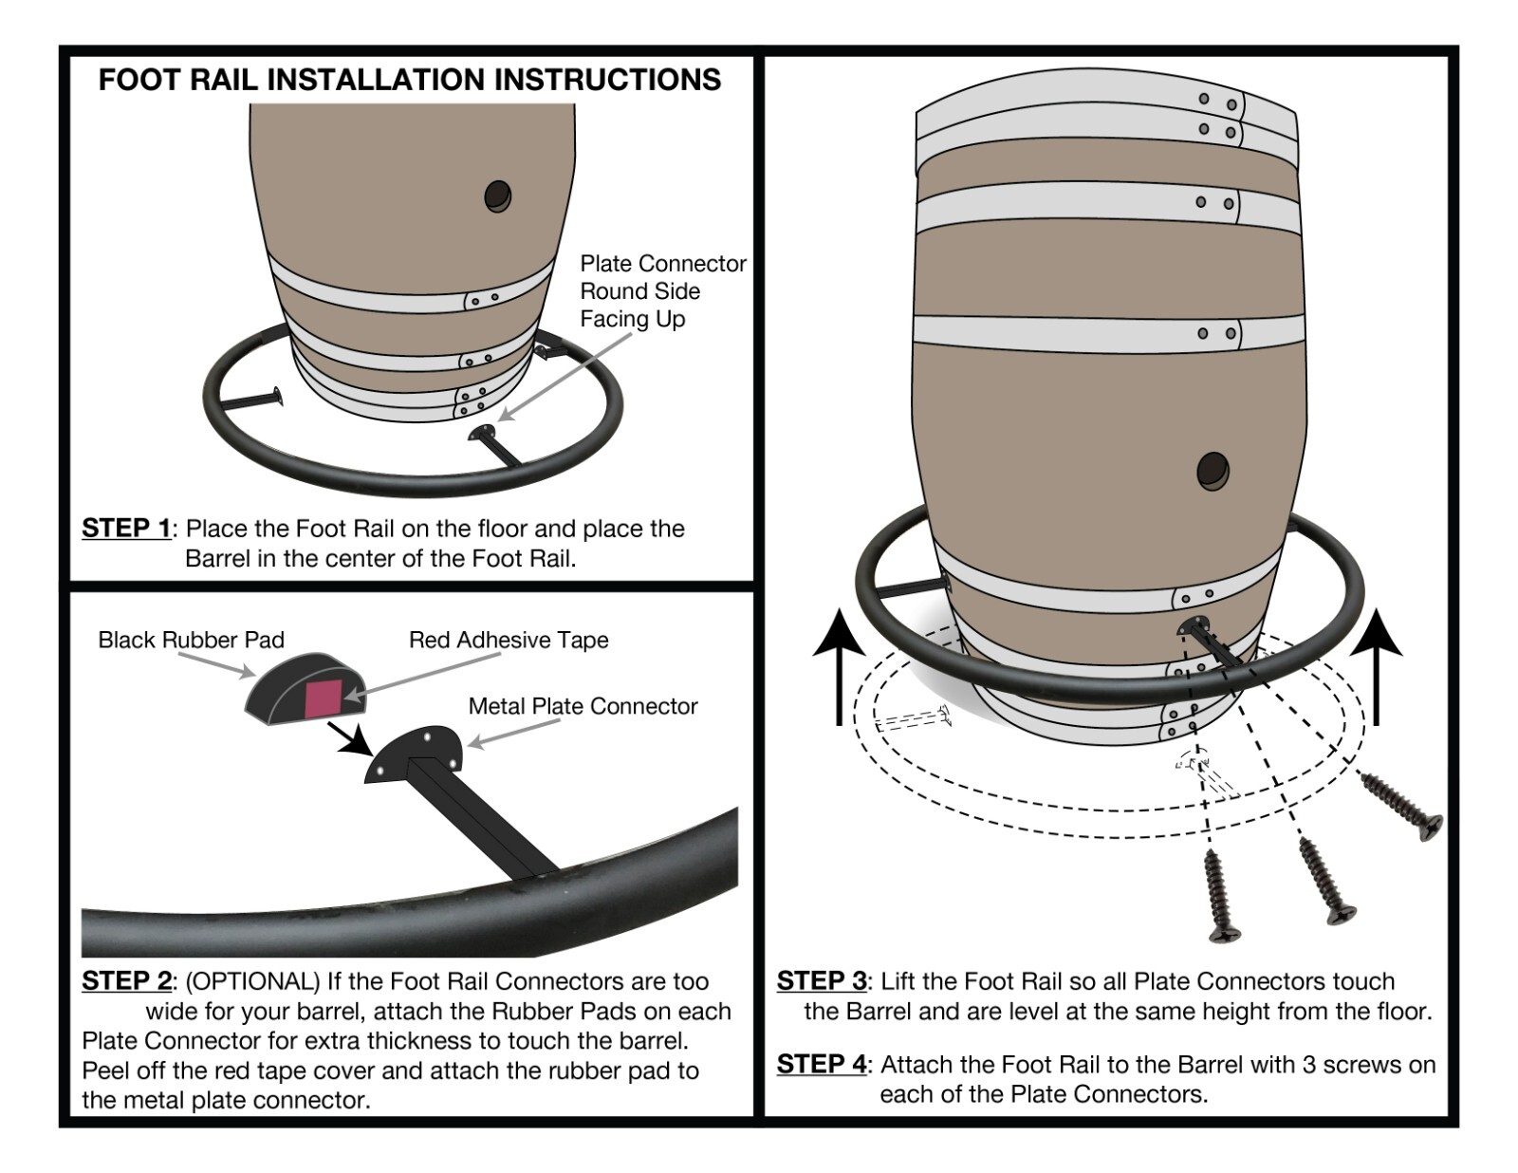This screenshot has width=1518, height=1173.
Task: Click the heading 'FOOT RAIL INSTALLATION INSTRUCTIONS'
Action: click(x=409, y=80)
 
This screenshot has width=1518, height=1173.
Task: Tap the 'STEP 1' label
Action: click(x=126, y=528)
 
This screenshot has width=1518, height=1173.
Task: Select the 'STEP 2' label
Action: click(x=126, y=980)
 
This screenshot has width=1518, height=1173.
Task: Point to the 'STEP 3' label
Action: click(x=821, y=980)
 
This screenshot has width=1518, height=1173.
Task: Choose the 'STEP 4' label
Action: click(x=821, y=1064)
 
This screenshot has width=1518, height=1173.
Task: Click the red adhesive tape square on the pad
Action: click(x=324, y=699)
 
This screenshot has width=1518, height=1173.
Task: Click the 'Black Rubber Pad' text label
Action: click(x=191, y=640)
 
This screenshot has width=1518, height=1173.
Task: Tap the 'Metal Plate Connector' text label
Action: click(x=583, y=706)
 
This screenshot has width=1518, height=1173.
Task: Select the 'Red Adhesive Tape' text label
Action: click(x=509, y=640)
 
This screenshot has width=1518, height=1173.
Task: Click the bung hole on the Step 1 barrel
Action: click(x=497, y=196)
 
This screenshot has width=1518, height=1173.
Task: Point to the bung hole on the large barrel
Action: click(x=1213, y=471)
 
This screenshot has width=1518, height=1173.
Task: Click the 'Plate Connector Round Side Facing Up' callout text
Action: click(x=661, y=290)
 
